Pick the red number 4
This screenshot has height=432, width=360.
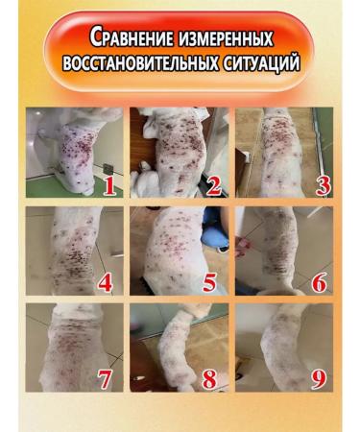tap(107, 282)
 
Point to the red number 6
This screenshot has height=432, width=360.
tap(320, 282)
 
